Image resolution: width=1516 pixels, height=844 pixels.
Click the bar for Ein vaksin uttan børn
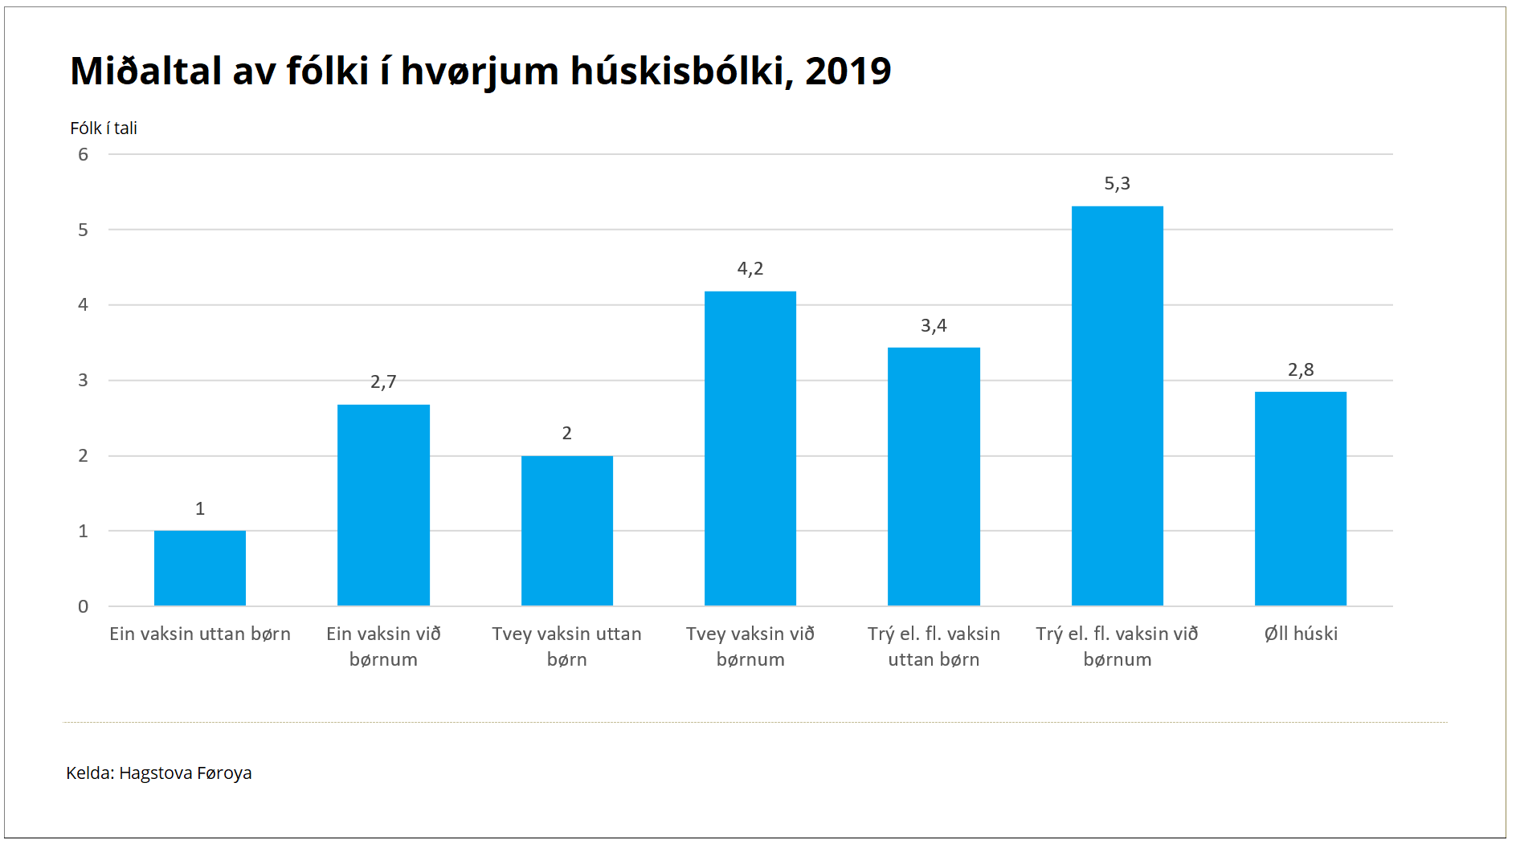point(199,568)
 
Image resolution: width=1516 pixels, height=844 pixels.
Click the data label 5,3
point(1117,184)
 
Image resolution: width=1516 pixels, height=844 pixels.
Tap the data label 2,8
point(1300,369)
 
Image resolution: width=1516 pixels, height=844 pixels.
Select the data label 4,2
point(750,269)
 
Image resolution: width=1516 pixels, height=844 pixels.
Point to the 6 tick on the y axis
point(83,154)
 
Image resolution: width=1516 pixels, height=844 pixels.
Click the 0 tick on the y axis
point(83,606)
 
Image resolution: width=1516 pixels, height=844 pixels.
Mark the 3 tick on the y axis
point(83,380)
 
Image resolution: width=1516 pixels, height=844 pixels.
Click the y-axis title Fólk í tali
point(104,128)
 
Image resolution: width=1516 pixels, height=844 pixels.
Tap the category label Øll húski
point(1300,634)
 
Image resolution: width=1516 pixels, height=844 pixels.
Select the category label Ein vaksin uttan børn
point(199,634)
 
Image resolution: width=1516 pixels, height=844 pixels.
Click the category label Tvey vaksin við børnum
point(750,646)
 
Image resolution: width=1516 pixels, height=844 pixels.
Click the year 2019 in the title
point(848,71)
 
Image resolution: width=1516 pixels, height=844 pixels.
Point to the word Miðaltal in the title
point(145,71)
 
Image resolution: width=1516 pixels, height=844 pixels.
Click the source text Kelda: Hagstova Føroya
point(158,773)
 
